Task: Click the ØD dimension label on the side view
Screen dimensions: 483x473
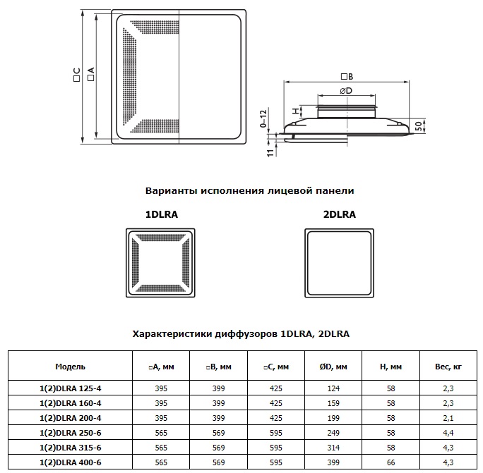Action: coord(346,91)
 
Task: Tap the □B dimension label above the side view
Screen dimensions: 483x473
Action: coord(347,76)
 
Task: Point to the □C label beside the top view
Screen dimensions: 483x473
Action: coord(77,75)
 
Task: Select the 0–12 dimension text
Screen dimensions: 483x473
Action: coord(263,118)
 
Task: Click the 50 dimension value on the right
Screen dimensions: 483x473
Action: coord(418,126)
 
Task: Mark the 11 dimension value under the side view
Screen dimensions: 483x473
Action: coord(270,153)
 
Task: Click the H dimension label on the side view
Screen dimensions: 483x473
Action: coord(296,111)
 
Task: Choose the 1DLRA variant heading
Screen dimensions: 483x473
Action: coord(162,214)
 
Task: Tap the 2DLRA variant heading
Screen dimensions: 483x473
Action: coord(339,214)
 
